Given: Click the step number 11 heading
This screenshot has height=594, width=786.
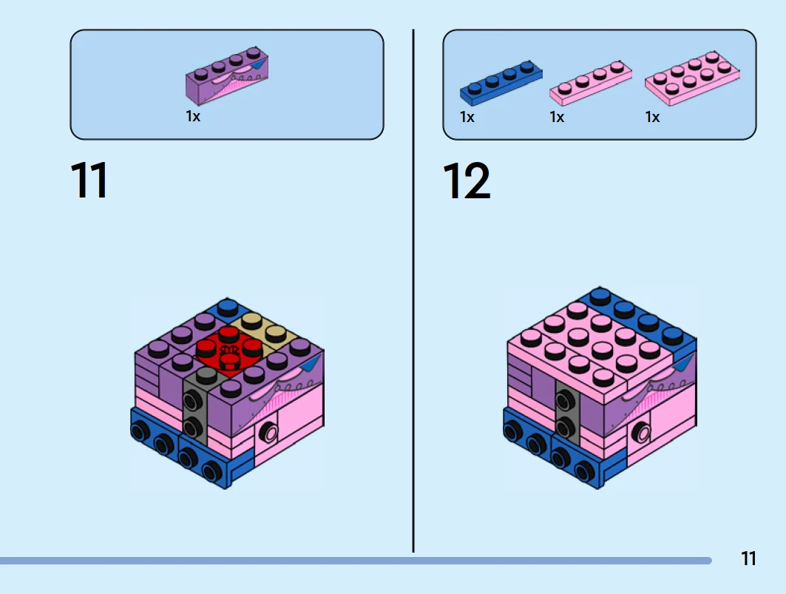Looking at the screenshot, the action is pyautogui.click(x=89, y=180).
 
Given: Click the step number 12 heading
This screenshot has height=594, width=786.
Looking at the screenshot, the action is pyautogui.click(x=466, y=180).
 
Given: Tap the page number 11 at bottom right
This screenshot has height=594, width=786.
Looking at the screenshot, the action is pyautogui.click(x=748, y=558).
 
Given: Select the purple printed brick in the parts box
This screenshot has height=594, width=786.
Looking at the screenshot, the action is pyautogui.click(x=226, y=75).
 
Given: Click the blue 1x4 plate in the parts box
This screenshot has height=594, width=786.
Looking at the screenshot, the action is pyautogui.click(x=501, y=83).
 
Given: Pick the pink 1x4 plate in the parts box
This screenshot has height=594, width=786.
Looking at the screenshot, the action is pyautogui.click(x=591, y=84).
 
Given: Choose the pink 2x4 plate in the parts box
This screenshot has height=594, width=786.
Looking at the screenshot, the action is pyautogui.click(x=692, y=78).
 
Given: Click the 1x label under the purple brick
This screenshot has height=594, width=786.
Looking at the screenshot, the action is pyautogui.click(x=193, y=116).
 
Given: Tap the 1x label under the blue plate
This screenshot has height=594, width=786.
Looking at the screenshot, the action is pyautogui.click(x=467, y=117).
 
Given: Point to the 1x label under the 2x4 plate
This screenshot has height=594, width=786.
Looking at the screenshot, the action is pyautogui.click(x=652, y=117).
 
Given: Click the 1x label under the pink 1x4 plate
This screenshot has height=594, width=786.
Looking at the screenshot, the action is pyautogui.click(x=557, y=117).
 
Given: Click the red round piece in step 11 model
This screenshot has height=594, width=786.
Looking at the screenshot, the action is pyautogui.click(x=229, y=351).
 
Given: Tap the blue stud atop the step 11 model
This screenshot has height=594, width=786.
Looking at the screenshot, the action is pyautogui.click(x=228, y=306).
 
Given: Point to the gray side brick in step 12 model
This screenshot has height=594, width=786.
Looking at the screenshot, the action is pyautogui.click(x=566, y=412).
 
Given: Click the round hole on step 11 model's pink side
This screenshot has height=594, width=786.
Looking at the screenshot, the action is pyautogui.click(x=269, y=432).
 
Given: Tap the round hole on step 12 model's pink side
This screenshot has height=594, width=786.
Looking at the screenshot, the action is pyautogui.click(x=641, y=431).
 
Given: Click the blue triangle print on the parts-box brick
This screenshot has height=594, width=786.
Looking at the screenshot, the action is pyautogui.click(x=257, y=64).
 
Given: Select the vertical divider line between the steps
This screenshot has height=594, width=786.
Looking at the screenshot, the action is pyautogui.click(x=413, y=291).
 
